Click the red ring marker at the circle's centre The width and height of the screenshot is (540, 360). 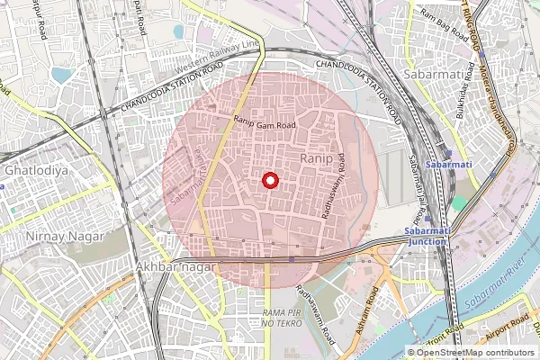click(269, 180)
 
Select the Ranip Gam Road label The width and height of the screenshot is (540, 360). click(265, 125)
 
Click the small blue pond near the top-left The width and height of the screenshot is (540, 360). click(61, 74)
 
